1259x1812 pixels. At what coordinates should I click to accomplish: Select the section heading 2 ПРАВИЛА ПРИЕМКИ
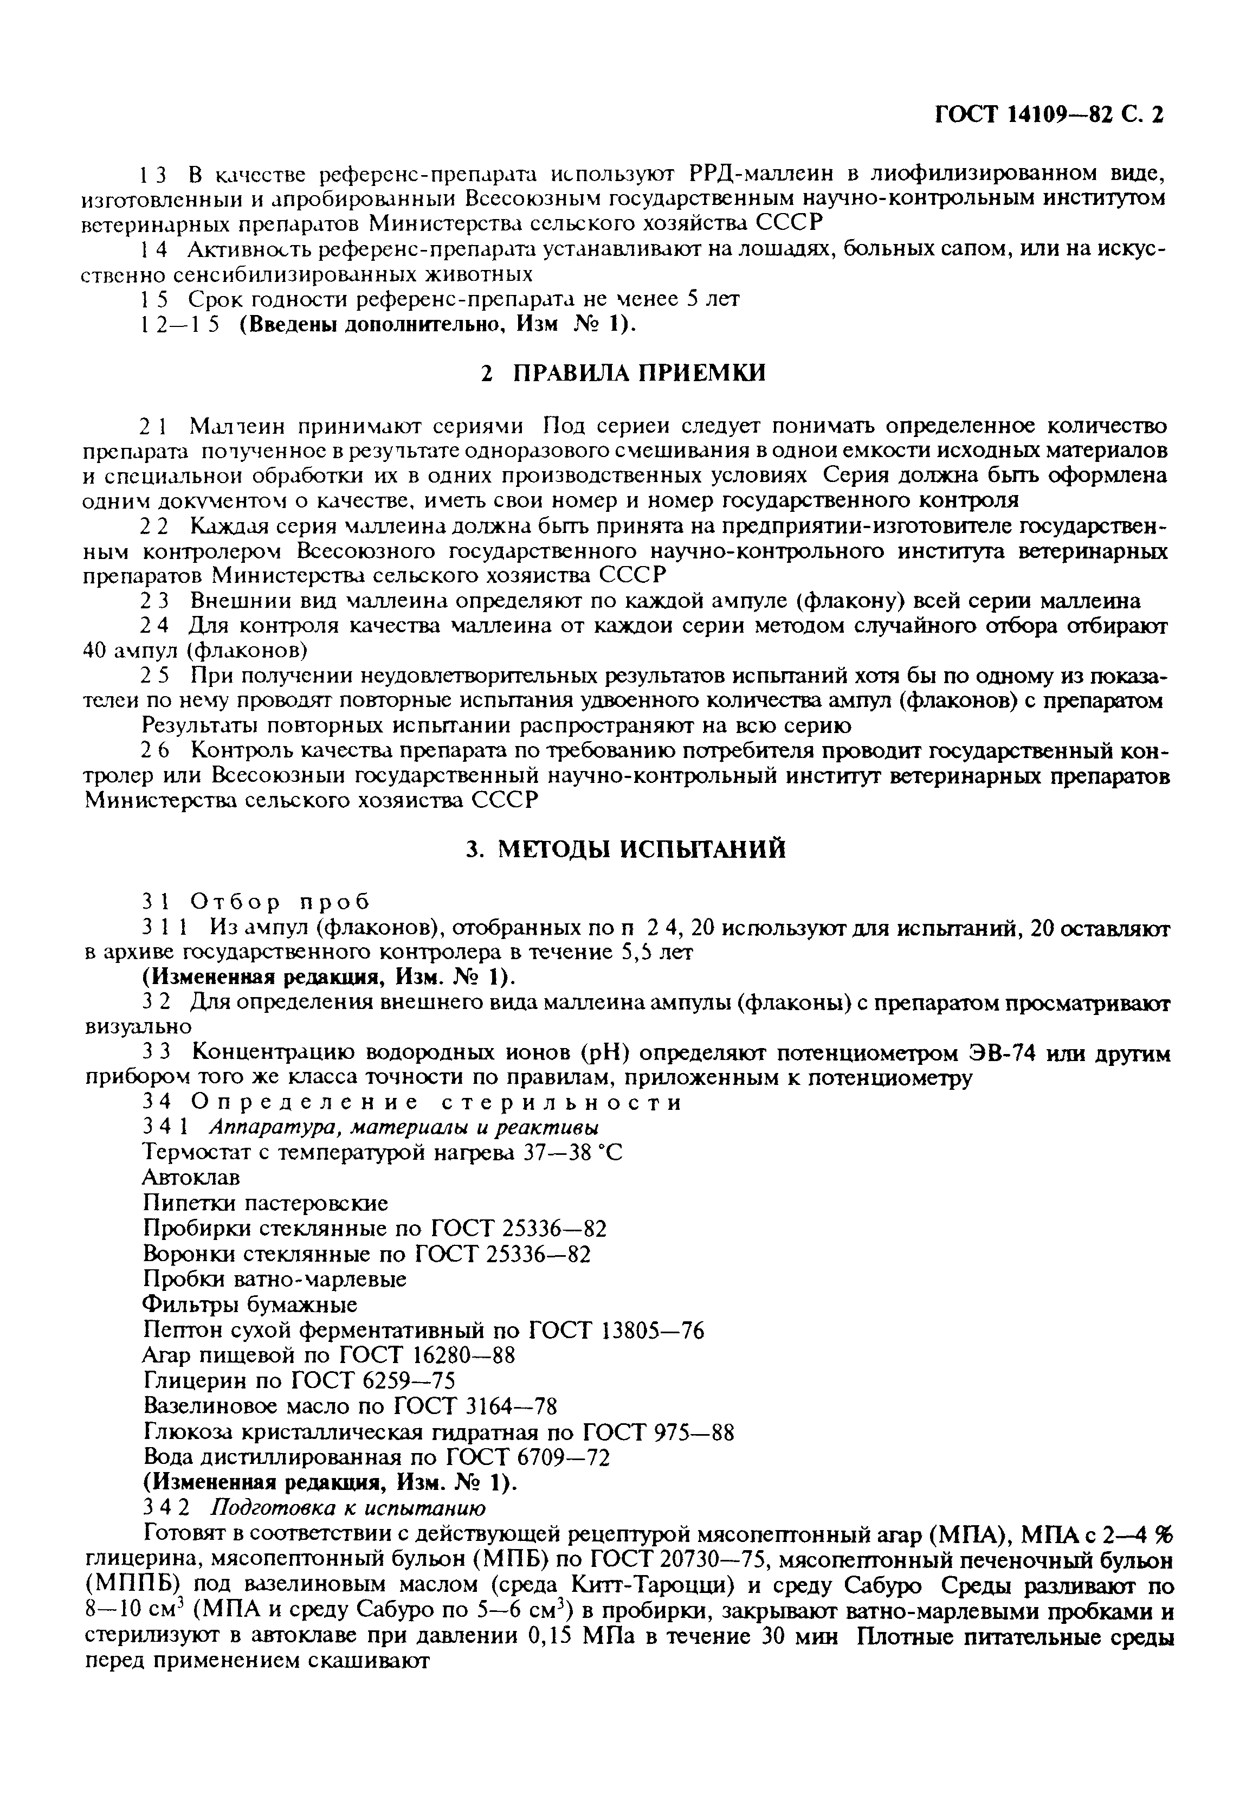click(x=623, y=373)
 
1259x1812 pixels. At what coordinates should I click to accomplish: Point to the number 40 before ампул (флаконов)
click(x=96, y=651)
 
